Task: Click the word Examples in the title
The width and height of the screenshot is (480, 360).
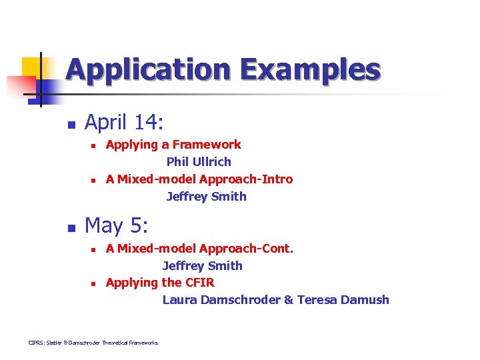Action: [x=310, y=70]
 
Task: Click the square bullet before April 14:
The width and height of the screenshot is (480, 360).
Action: [x=71, y=124]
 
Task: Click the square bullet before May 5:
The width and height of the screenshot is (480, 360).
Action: [x=71, y=227]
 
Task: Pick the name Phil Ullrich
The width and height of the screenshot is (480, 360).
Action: [x=199, y=161]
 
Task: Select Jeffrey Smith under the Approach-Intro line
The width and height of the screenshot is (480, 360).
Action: [x=206, y=196]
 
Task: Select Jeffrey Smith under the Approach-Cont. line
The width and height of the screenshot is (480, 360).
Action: [x=202, y=265]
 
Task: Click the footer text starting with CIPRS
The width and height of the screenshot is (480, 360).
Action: [x=93, y=343]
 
